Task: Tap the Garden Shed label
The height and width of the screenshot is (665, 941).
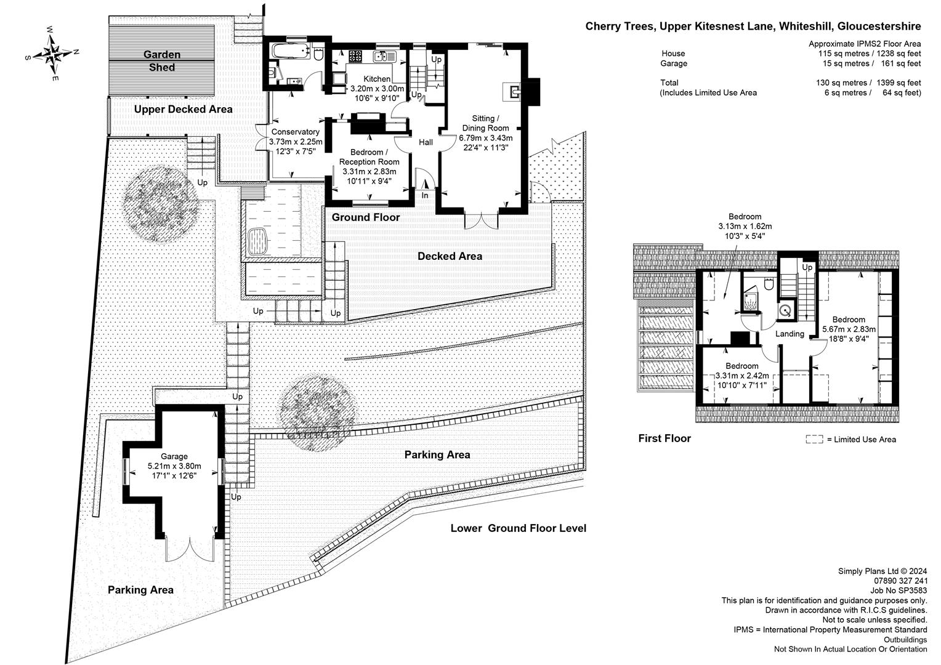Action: (x=161, y=61)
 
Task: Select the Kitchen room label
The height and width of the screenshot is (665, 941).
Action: (x=376, y=79)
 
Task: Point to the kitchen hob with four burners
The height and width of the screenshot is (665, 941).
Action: (x=355, y=57)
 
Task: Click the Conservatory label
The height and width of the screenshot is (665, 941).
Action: (x=296, y=132)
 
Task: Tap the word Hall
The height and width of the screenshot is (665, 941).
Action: (x=426, y=142)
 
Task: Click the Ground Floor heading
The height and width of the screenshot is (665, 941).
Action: (x=366, y=217)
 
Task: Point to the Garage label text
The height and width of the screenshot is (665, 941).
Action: (x=174, y=456)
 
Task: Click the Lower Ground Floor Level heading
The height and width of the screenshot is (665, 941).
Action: (x=518, y=528)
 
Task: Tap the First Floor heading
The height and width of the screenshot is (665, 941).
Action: (x=664, y=438)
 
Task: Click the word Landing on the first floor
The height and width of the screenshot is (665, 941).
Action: (x=790, y=334)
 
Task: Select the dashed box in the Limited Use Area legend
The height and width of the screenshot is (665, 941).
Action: (x=814, y=439)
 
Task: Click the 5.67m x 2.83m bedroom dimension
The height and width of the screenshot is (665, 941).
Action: (x=849, y=329)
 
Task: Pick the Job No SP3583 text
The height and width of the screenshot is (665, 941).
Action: (x=899, y=590)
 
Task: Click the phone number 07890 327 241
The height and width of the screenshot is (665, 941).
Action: (x=901, y=580)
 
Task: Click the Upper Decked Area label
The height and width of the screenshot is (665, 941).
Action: (x=184, y=109)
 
